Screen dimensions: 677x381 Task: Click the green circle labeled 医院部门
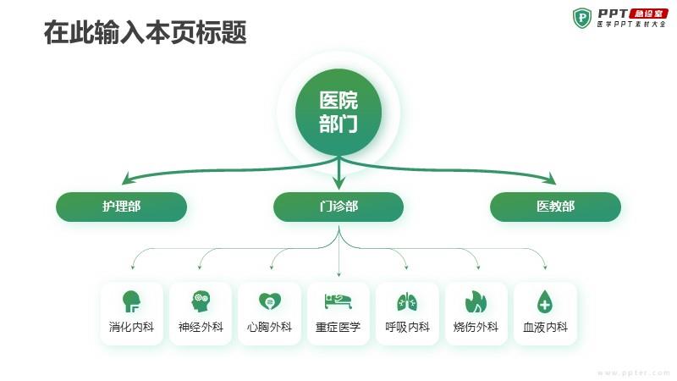pyautogui.click(x=338, y=112)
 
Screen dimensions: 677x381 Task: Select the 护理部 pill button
pyautogui.click(x=121, y=207)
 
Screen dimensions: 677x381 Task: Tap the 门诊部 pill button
pyautogui.click(x=338, y=207)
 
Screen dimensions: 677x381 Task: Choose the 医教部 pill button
pyautogui.click(x=556, y=207)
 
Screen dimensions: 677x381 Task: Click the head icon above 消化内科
pyautogui.click(x=131, y=301)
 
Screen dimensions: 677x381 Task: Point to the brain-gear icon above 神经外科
pyautogui.click(x=201, y=301)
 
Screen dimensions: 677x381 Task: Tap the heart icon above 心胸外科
pyautogui.click(x=270, y=301)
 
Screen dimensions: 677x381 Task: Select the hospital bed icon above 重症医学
pyautogui.click(x=338, y=301)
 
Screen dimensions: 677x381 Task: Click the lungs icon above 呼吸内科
pyautogui.click(x=407, y=301)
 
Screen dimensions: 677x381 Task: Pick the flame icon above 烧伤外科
pyautogui.click(x=476, y=301)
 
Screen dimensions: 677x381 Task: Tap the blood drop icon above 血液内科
pyautogui.click(x=545, y=301)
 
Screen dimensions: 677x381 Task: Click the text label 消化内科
pyautogui.click(x=131, y=327)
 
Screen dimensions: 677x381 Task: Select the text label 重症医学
pyautogui.click(x=338, y=327)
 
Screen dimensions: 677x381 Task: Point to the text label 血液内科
pyautogui.click(x=545, y=327)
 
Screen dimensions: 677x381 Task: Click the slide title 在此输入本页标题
pyautogui.click(x=145, y=32)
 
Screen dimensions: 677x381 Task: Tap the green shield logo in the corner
pyautogui.click(x=582, y=18)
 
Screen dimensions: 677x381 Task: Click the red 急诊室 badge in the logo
pyautogui.click(x=648, y=14)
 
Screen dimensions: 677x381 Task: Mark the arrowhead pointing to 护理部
pyautogui.click(x=126, y=179)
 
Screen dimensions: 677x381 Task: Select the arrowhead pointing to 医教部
pyautogui.click(x=551, y=179)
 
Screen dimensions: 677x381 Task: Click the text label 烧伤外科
pyautogui.click(x=476, y=327)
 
